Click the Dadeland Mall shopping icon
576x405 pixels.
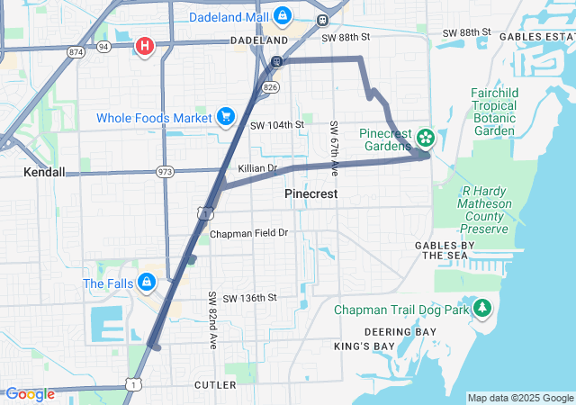pyautogui.click(x=283, y=16)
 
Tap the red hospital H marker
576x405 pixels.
pyautogui.click(x=144, y=45)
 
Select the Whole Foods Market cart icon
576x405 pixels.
pyautogui.click(x=225, y=116)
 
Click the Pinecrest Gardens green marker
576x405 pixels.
pyautogui.click(x=425, y=139)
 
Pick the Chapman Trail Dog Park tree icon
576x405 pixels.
pyautogui.click(x=482, y=309)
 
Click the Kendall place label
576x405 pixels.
pyautogui.click(x=44, y=171)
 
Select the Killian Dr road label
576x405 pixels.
pyautogui.click(x=257, y=168)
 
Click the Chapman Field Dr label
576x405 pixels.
pyautogui.click(x=248, y=233)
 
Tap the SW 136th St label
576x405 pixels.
pyautogui.click(x=249, y=298)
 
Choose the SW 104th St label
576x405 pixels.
pyautogui.click(x=277, y=124)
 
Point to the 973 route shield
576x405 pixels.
pyautogui.click(x=164, y=171)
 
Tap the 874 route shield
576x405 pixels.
pyautogui.click(x=76, y=52)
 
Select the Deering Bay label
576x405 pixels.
pyautogui.click(x=400, y=331)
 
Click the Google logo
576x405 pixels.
pyautogui.click(x=30, y=394)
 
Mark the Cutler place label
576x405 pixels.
pyautogui.click(x=215, y=385)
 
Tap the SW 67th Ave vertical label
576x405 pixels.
pyautogui.click(x=334, y=148)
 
